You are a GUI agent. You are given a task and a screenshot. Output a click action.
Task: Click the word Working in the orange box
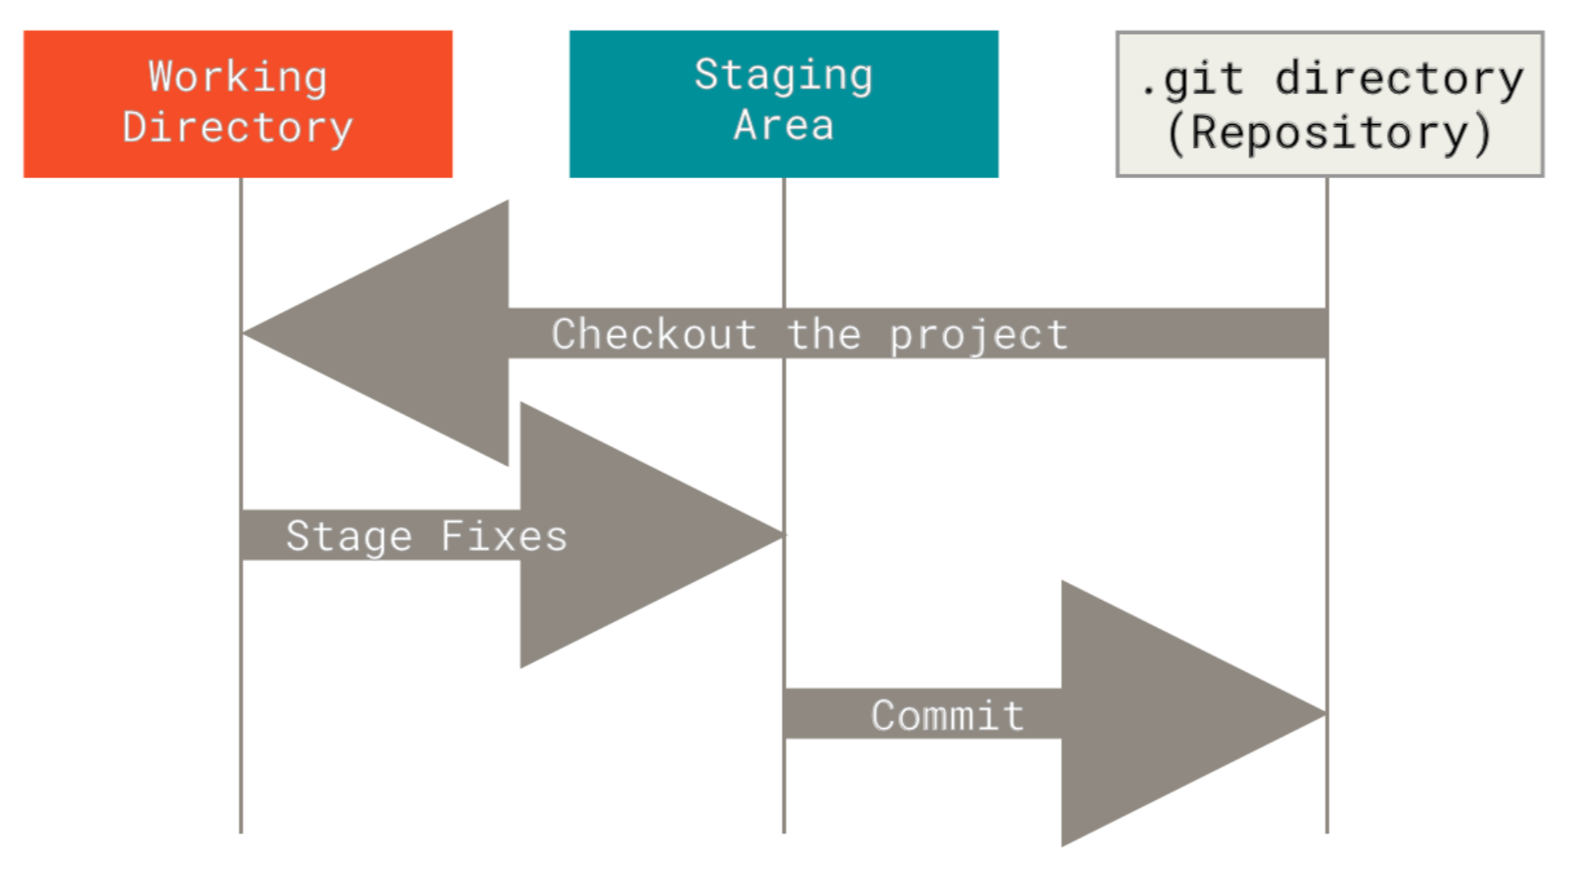(238, 77)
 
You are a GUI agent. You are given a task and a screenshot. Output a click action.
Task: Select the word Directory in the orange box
(238, 127)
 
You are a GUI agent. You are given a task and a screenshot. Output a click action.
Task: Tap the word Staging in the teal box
(783, 76)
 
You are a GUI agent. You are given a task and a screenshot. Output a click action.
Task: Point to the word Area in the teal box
(783, 125)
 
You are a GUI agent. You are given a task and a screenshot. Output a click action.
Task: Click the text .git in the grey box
(1192, 80)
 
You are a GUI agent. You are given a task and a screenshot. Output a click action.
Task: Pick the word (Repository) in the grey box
(1329, 132)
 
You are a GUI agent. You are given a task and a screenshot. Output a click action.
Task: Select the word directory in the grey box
(1400, 79)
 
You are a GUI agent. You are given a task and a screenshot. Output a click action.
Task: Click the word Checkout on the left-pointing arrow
(653, 334)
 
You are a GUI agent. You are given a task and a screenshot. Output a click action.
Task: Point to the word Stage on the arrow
(349, 537)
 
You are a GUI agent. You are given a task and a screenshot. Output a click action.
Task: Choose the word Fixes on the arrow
(504, 536)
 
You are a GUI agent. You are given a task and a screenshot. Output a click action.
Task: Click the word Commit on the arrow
(948, 715)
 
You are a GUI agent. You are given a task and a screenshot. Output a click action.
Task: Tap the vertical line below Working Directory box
(241, 505)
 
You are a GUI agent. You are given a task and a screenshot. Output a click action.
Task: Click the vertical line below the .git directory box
(1327, 505)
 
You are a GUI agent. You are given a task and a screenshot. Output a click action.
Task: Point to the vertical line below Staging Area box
(784, 505)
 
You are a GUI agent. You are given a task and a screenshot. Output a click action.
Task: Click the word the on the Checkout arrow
(823, 334)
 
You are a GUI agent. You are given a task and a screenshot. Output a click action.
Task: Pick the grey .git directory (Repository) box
(1329, 104)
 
